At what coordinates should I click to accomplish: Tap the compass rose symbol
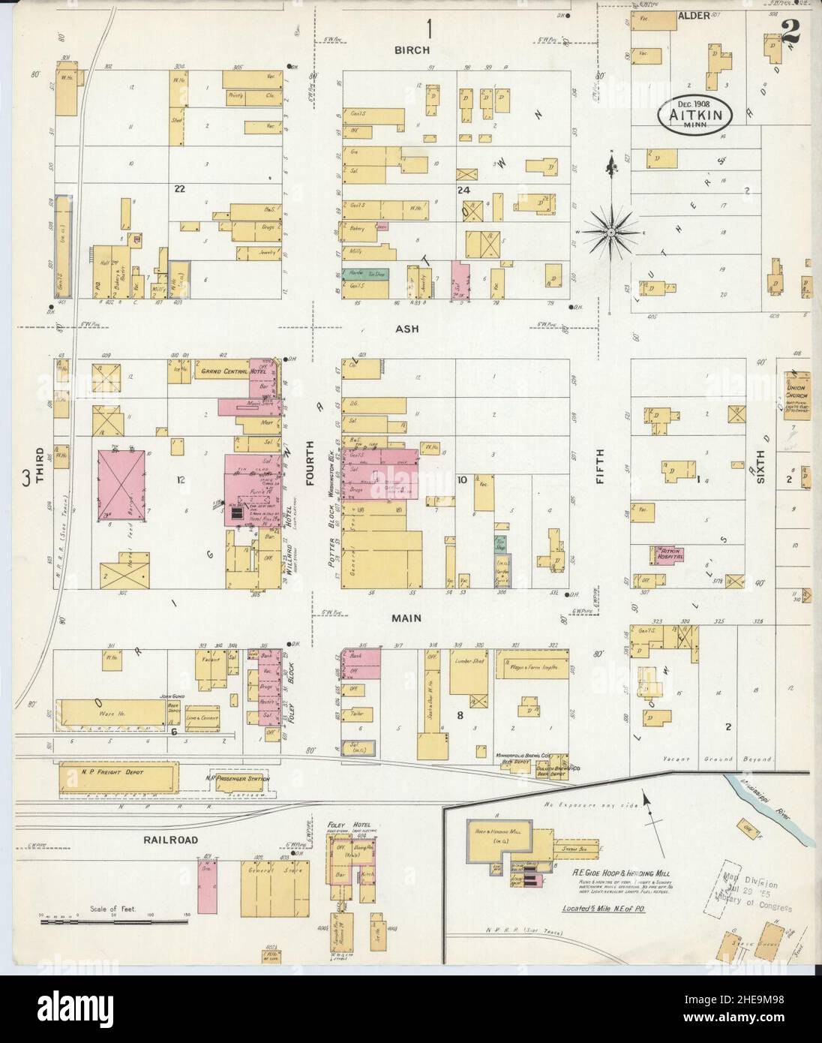coord(611,233)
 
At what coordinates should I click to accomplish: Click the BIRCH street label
coord(412,50)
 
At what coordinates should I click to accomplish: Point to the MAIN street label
coord(406,619)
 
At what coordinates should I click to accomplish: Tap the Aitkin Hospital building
coord(670,555)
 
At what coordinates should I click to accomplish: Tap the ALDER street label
coord(693,14)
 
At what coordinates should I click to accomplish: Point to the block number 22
coord(179,189)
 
